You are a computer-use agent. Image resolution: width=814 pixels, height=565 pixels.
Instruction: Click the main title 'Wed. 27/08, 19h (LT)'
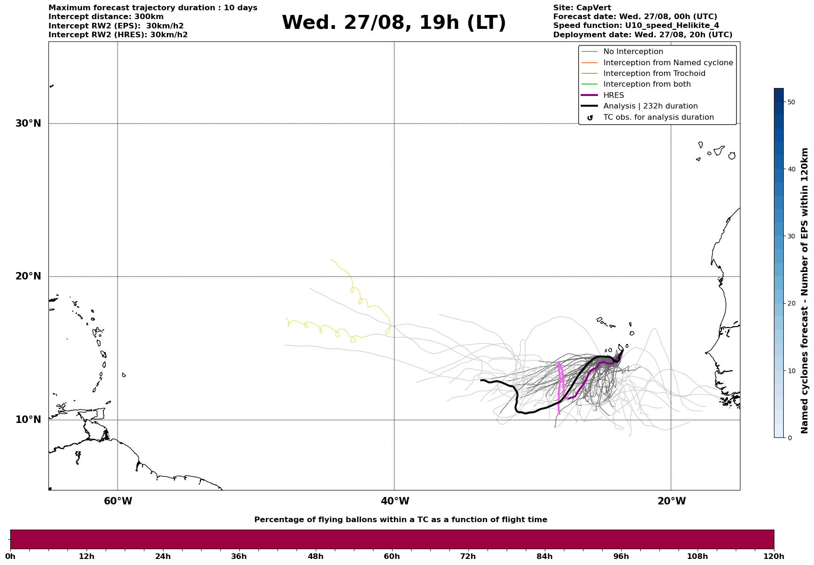click(x=393, y=23)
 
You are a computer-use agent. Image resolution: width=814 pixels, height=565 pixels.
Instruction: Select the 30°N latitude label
click(x=28, y=123)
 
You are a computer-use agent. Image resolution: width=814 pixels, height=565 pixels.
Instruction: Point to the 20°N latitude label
click(x=28, y=276)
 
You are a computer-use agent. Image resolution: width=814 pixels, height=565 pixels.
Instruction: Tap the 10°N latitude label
click(x=28, y=420)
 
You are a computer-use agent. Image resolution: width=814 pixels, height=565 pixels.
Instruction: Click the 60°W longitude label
click(x=118, y=501)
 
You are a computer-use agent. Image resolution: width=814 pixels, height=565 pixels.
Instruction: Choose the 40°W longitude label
click(x=394, y=501)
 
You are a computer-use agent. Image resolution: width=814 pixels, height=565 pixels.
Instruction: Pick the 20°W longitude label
click(x=671, y=501)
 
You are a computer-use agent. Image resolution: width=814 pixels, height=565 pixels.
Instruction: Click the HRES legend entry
click(x=613, y=95)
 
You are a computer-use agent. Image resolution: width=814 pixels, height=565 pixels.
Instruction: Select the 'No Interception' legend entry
click(x=633, y=52)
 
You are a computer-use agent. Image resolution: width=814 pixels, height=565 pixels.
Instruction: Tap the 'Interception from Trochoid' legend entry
click(x=654, y=74)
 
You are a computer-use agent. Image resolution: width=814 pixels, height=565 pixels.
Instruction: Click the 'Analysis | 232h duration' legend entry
click(x=650, y=106)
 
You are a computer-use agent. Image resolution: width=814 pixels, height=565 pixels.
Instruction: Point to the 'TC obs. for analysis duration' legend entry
click(x=658, y=117)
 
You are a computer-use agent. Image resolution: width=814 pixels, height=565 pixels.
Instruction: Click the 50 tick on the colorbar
click(x=791, y=102)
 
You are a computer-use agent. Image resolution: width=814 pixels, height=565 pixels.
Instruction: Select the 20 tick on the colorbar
click(x=791, y=303)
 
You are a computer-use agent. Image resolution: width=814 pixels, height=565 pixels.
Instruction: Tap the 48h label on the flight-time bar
click(x=315, y=557)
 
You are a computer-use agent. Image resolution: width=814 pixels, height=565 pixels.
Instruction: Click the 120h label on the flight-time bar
click(x=773, y=557)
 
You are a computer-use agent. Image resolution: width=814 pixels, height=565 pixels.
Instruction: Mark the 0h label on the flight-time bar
click(x=10, y=557)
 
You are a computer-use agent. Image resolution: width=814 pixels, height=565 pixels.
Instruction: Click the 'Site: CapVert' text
click(x=582, y=8)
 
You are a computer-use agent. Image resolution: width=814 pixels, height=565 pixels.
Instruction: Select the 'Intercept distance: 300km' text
click(x=106, y=17)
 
